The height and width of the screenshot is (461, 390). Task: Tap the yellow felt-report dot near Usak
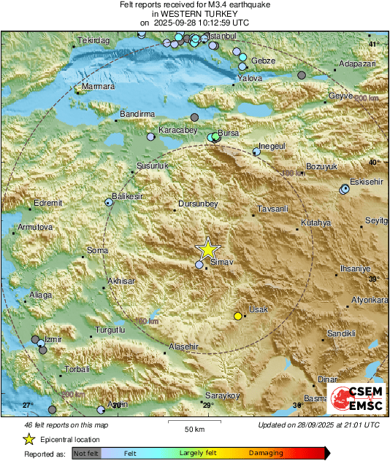pyautogui.click(x=237, y=316)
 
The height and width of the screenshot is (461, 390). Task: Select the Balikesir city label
pyautogui.click(x=126, y=196)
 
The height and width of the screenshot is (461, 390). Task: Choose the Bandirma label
pyautogui.click(x=137, y=115)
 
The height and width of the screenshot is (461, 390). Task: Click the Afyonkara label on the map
pyautogui.click(x=370, y=300)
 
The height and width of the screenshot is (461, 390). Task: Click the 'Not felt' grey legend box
pyautogui.click(x=86, y=453)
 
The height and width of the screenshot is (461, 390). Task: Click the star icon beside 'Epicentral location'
pyautogui.click(x=28, y=439)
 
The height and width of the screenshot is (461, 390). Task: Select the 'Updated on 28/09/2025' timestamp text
pyautogui.click(x=318, y=425)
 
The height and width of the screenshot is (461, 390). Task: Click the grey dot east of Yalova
pyautogui.click(x=302, y=75)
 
